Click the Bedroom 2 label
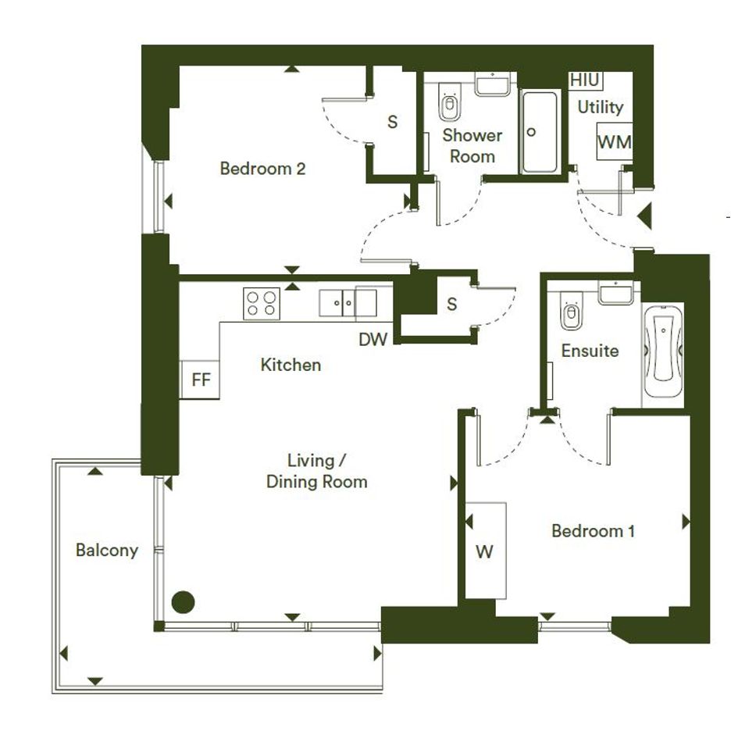[262, 169]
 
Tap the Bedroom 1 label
[593, 531]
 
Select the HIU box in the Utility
[585, 80]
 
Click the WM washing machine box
[614, 141]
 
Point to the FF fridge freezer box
[200, 380]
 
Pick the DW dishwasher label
[373, 340]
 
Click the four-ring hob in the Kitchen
[261, 304]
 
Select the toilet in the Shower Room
[450, 102]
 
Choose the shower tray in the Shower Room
[540, 132]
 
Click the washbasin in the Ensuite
[615, 293]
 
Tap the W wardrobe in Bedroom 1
[486, 551]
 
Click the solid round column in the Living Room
[183, 602]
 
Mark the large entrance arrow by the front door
[645, 216]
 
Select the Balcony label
[107, 551]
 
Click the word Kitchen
[291, 365]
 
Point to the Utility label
[600, 107]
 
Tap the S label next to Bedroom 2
[392, 123]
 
